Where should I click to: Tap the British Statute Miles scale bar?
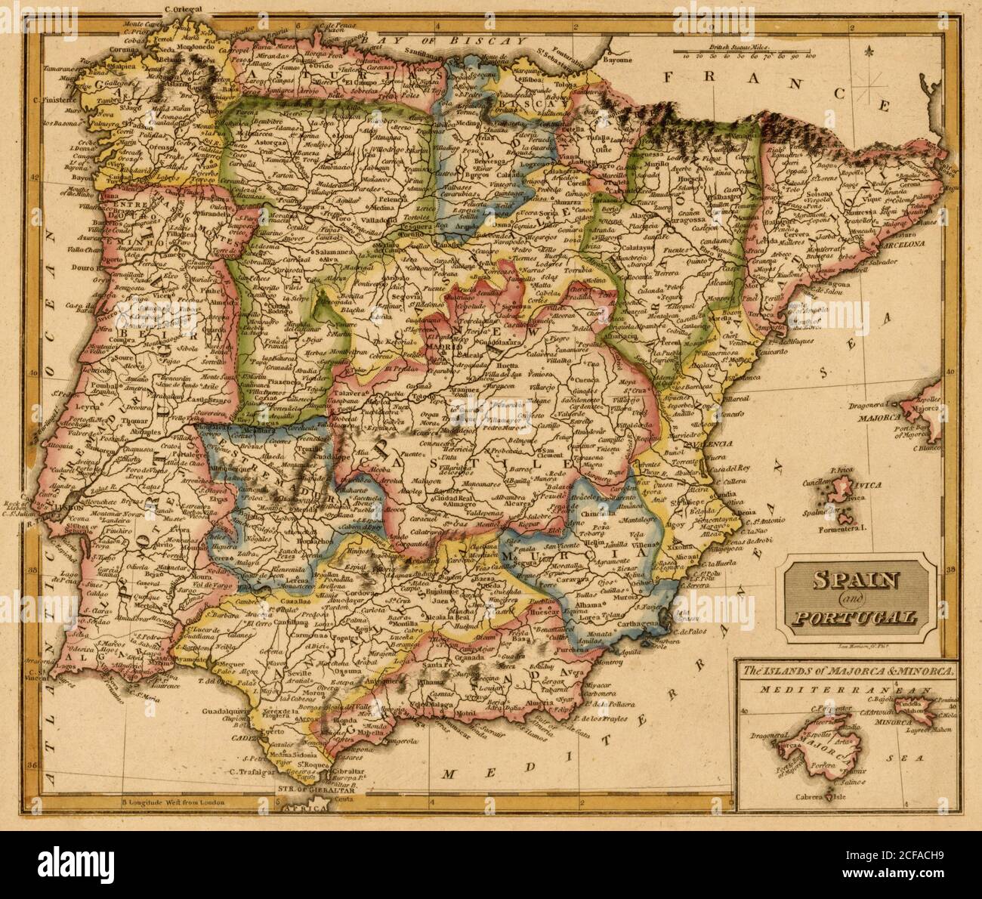(745, 51)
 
